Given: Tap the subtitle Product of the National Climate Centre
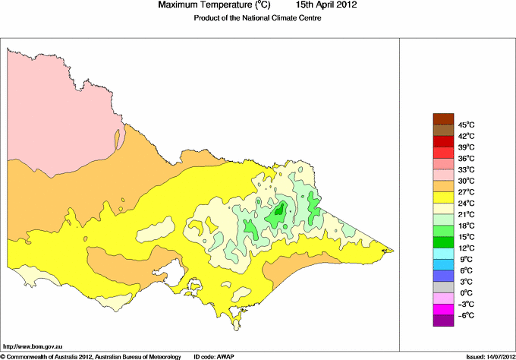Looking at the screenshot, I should click(258, 17).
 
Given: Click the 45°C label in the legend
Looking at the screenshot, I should click(465, 125).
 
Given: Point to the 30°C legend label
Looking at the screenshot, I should click(465, 181).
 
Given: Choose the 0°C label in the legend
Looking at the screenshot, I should click(467, 292).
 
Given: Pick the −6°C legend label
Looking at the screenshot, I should click(465, 315).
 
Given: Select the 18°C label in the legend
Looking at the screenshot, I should click(465, 226).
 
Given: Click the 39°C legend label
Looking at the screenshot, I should click(465, 147).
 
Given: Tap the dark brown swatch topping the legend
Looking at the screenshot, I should click(442, 118).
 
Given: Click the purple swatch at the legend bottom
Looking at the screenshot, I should click(442, 321).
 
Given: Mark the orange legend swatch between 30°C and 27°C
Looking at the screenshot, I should click(442, 186).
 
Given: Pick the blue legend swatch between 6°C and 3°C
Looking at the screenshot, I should click(442, 276).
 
